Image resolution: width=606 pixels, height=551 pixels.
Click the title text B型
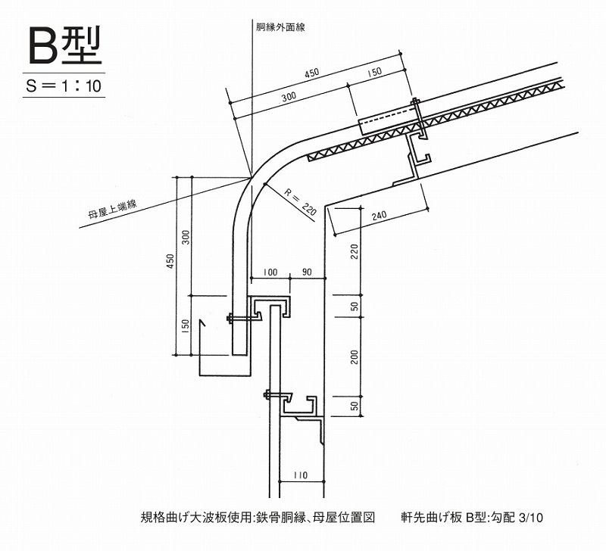point(65,45)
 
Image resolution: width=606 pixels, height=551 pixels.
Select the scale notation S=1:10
point(64,86)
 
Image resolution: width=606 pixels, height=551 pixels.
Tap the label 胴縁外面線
point(280,27)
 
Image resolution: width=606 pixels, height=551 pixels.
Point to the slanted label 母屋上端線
point(113,210)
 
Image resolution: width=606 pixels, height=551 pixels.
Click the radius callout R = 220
point(300,202)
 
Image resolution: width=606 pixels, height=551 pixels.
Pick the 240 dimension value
point(380,216)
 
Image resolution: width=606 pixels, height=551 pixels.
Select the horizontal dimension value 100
point(270,272)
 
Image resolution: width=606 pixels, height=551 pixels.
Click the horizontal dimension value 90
point(307,272)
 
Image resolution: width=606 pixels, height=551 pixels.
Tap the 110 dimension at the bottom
point(300,475)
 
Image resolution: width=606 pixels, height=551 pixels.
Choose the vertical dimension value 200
point(355,357)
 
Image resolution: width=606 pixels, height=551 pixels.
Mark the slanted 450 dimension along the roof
point(311,73)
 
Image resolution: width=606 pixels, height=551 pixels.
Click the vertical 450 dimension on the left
point(170,261)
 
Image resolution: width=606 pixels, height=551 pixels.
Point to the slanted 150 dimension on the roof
point(373,72)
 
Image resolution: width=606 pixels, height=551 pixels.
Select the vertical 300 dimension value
point(186,237)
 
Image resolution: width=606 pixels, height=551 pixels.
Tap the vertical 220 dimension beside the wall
point(355,252)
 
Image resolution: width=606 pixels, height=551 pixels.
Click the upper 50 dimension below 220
point(355,307)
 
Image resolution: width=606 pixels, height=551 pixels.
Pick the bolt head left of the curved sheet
point(229,318)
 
